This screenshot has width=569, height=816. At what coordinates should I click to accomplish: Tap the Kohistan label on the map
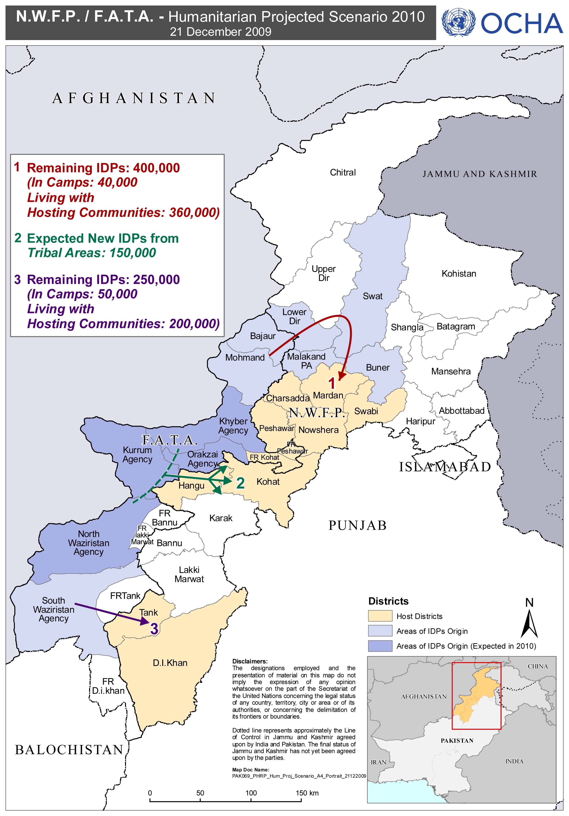pos(459,274)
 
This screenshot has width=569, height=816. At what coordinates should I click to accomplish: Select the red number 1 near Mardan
pos(332,383)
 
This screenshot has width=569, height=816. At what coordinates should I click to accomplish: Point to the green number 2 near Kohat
pos(241,483)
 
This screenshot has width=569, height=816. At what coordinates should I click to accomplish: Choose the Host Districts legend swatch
pos(380,616)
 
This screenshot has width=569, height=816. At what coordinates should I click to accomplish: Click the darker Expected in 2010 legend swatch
pos(380,646)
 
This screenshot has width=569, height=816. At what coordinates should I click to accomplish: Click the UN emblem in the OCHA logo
pos(458,22)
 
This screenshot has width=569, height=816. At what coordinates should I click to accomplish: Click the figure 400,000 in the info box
pos(156,168)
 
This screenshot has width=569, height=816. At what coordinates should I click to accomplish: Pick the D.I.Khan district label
pos(170,663)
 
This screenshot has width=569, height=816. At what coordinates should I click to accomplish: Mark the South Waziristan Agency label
pos(54,610)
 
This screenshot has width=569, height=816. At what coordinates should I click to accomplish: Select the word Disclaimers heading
pos(250,661)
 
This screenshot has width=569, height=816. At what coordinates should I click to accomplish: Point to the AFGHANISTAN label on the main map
pos(134,98)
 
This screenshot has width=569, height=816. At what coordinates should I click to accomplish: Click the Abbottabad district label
pos(461,411)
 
